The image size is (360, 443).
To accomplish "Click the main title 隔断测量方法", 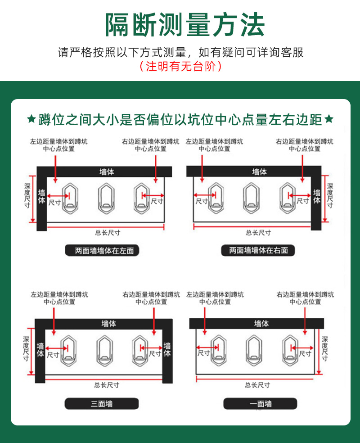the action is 184,25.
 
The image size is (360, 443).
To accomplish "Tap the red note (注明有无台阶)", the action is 180,67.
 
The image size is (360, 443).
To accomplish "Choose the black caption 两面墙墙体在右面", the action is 258,250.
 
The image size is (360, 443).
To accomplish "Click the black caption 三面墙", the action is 101,404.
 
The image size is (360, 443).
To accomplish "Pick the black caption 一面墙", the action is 260,404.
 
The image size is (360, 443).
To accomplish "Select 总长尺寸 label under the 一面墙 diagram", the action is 257,385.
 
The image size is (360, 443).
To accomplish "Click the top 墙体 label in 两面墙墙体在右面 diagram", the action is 259,172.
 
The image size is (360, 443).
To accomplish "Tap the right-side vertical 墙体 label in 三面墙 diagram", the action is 167,350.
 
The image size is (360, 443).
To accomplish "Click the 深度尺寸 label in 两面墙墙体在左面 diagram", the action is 27,195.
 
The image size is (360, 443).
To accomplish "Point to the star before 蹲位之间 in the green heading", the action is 31,119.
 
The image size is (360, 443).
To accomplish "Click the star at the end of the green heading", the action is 329,119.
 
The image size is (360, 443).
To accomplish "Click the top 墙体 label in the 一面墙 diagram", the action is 261,323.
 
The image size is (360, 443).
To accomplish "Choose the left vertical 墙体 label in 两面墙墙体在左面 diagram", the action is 41,197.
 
